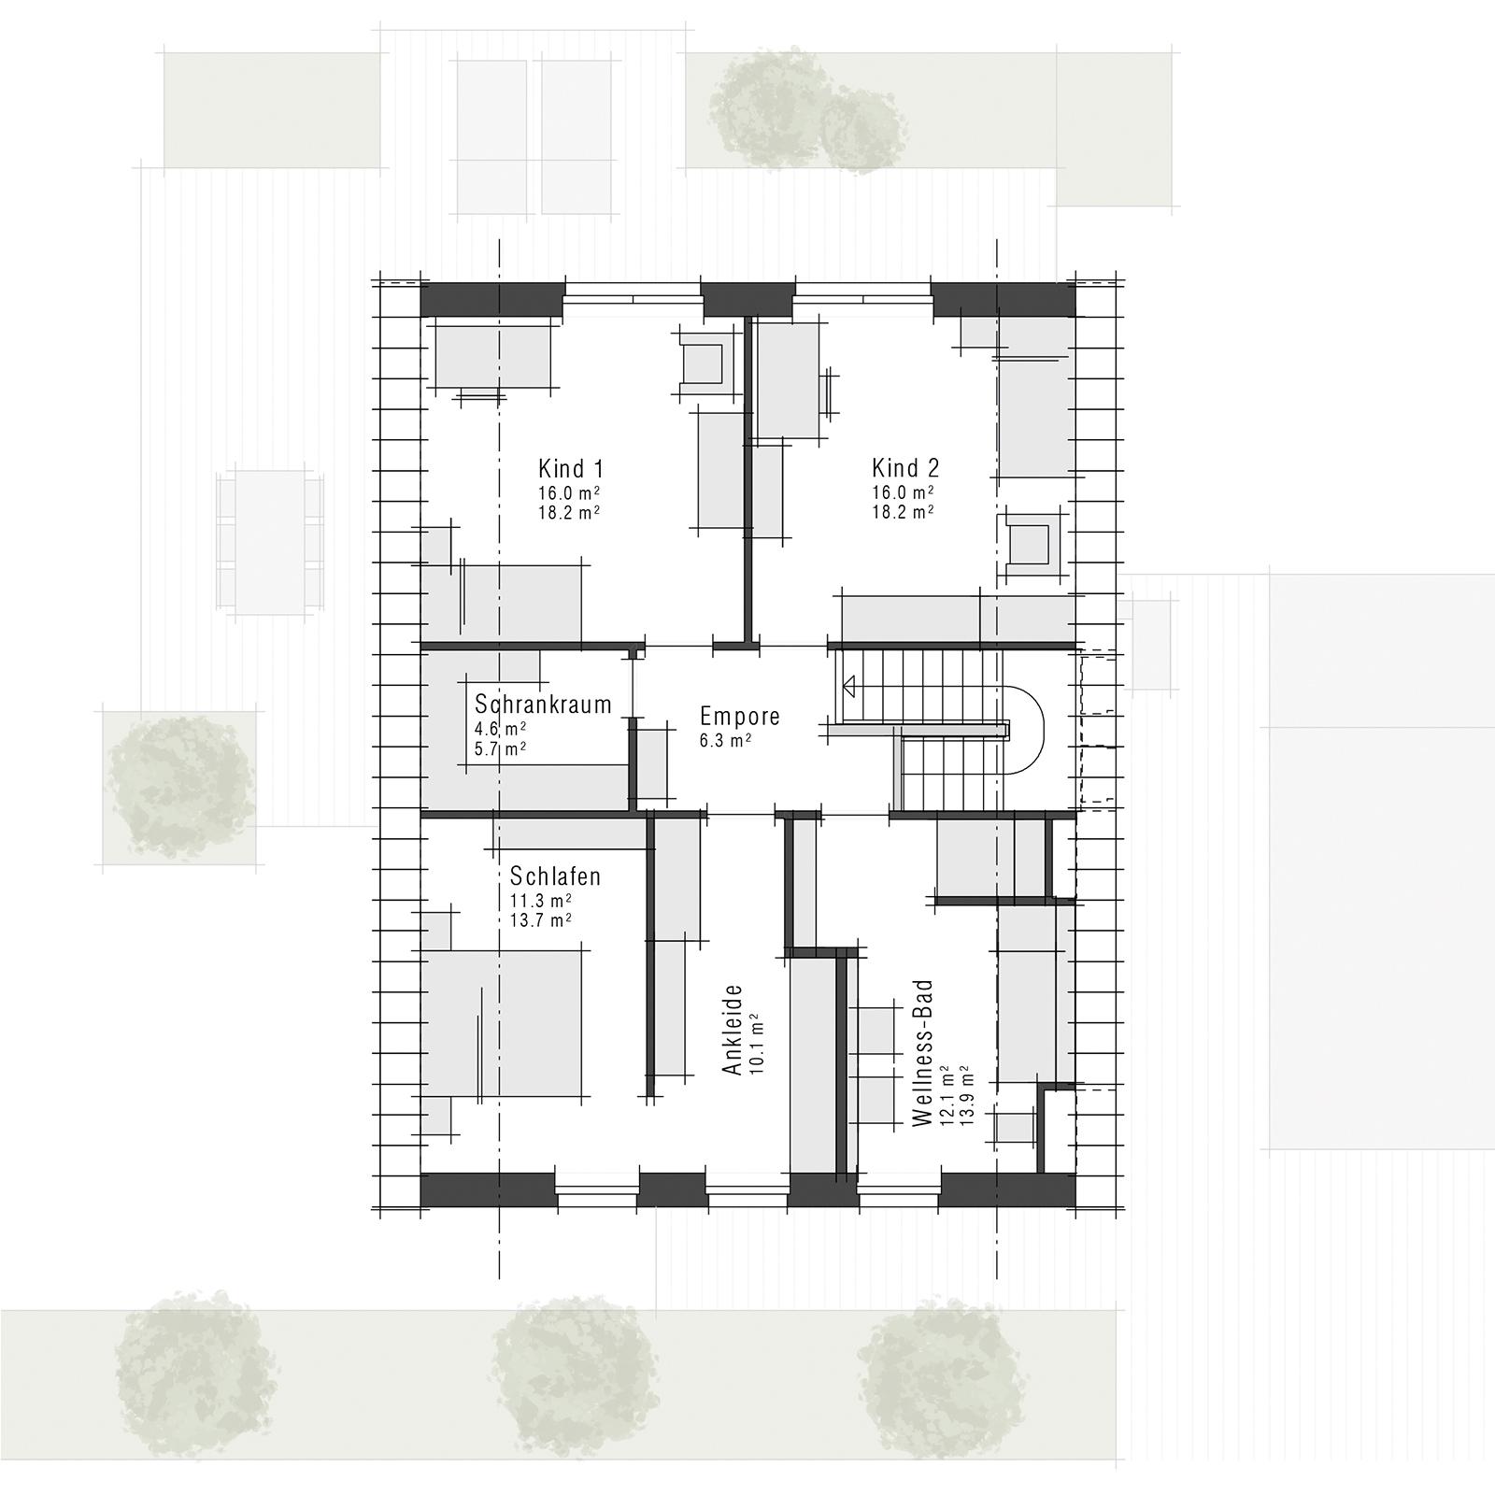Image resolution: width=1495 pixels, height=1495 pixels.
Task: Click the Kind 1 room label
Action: (569, 468)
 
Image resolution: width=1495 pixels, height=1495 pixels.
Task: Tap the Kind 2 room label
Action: (905, 468)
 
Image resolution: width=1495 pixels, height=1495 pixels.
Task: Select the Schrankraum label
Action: (543, 704)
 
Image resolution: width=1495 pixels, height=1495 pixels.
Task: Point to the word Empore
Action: (740, 717)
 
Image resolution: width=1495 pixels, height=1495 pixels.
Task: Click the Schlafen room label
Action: (555, 876)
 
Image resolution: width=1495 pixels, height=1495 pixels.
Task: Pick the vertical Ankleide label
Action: (733, 1029)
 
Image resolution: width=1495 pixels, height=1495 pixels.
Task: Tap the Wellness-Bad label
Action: (923, 1052)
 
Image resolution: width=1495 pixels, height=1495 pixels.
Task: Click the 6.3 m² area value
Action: (726, 740)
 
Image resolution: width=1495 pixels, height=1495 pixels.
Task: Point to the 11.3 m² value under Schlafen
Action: (541, 900)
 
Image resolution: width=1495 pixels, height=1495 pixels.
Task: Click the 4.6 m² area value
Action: (500, 729)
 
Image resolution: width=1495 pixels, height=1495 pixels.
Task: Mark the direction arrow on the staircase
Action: (849, 687)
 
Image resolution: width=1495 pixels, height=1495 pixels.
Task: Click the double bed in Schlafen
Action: (505, 1023)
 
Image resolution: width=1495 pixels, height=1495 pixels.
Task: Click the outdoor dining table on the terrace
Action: (270, 542)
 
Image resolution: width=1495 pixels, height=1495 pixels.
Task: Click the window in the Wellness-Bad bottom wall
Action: (899, 1190)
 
